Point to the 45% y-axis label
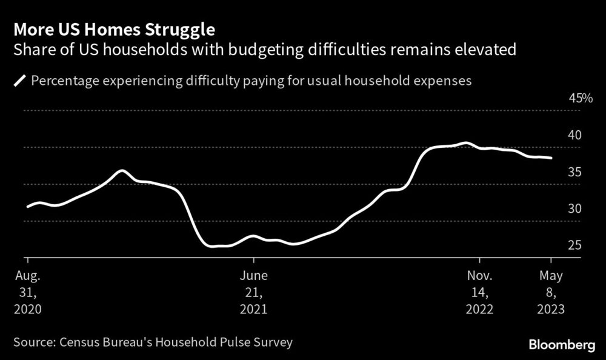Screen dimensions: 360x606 [580, 98]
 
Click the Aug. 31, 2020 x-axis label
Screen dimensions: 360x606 [28, 292]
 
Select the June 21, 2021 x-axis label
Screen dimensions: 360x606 [254, 292]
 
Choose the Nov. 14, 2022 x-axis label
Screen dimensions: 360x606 [480, 292]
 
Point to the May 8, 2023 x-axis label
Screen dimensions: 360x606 [551, 292]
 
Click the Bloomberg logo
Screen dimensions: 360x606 [562, 345]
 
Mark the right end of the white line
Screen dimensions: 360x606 [551, 158]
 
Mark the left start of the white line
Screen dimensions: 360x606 [28, 207]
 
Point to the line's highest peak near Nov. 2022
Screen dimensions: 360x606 [465, 143]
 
